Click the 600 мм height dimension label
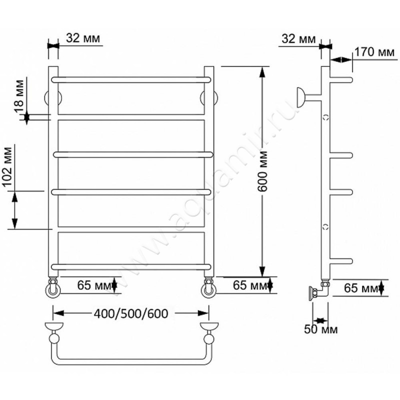[262, 171]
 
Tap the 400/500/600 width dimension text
[131, 313]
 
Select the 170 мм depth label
[374, 52]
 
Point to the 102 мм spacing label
[7, 167]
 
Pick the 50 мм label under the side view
[320, 329]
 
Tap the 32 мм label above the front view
[83, 38]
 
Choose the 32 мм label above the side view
[298, 39]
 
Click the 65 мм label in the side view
[360, 288]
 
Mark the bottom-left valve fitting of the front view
[53, 287]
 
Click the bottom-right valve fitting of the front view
[209, 287]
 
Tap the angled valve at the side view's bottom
[319, 290]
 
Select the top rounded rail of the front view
[131, 79]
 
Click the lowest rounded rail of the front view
[131, 267]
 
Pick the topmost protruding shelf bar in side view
[341, 80]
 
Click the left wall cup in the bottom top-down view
[54, 326]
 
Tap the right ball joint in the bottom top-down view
[209, 339]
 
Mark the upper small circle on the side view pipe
[326, 117]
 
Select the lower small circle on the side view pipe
[326, 226]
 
